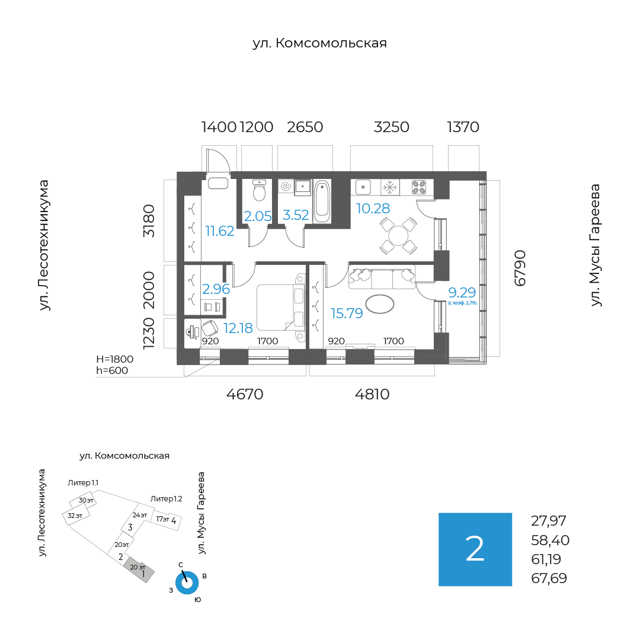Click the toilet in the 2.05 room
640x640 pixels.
pyautogui.click(x=259, y=191)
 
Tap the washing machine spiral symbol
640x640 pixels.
pyautogui.click(x=285, y=186)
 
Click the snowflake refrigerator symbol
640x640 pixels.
pyautogui.click(x=389, y=187)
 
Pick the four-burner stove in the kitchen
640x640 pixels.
pyautogui.click(x=419, y=187)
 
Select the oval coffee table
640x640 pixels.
pyautogui.click(x=380, y=304)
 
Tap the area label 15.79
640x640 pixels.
pyautogui.click(x=347, y=313)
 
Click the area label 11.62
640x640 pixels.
pyautogui.click(x=220, y=231)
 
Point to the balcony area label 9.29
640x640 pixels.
pyautogui.click(x=462, y=292)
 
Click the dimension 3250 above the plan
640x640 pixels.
pyautogui.click(x=391, y=127)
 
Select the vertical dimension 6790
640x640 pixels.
pyautogui.click(x=520, y=268)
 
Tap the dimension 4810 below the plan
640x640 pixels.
pyautogui.click(x=372, y=394)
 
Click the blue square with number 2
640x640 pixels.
pyautogui.click(x=475, y=549)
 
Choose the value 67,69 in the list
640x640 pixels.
pyautogui.click(x=549, y=578)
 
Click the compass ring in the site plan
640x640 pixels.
pyautogui.click(x=187, y=582)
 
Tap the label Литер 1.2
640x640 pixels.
pyautogui.click(x=167, y=499)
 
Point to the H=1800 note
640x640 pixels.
pyautogui.click(x=115, y=359)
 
